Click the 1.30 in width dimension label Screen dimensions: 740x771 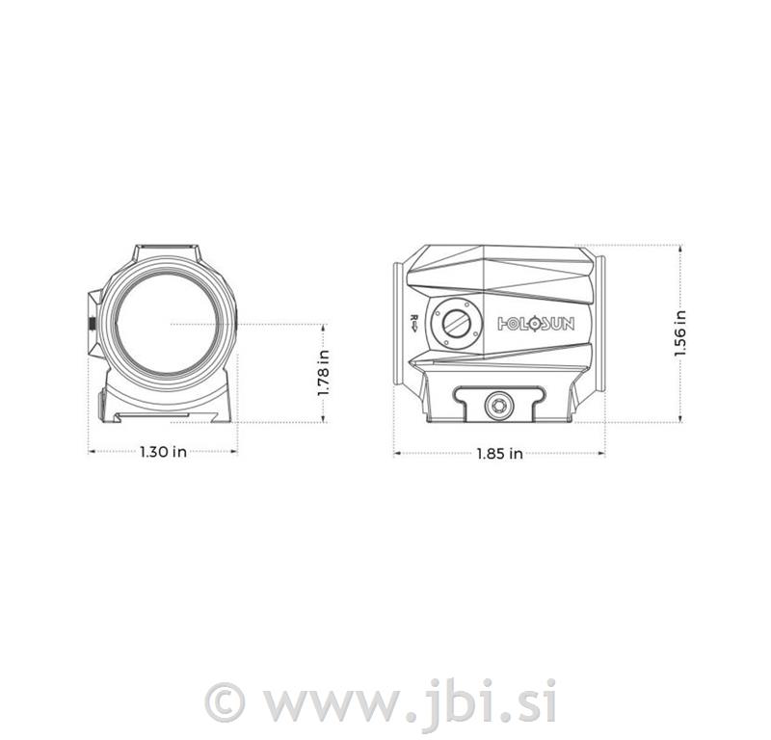click(163, 452)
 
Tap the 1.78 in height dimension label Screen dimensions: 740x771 click(325, 374)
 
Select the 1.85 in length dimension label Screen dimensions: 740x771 click(500, 453)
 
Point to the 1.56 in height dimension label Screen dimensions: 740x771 click(680, 333)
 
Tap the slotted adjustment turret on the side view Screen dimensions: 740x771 click(452, 323)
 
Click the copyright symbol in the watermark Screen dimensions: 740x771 click(228, 700)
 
